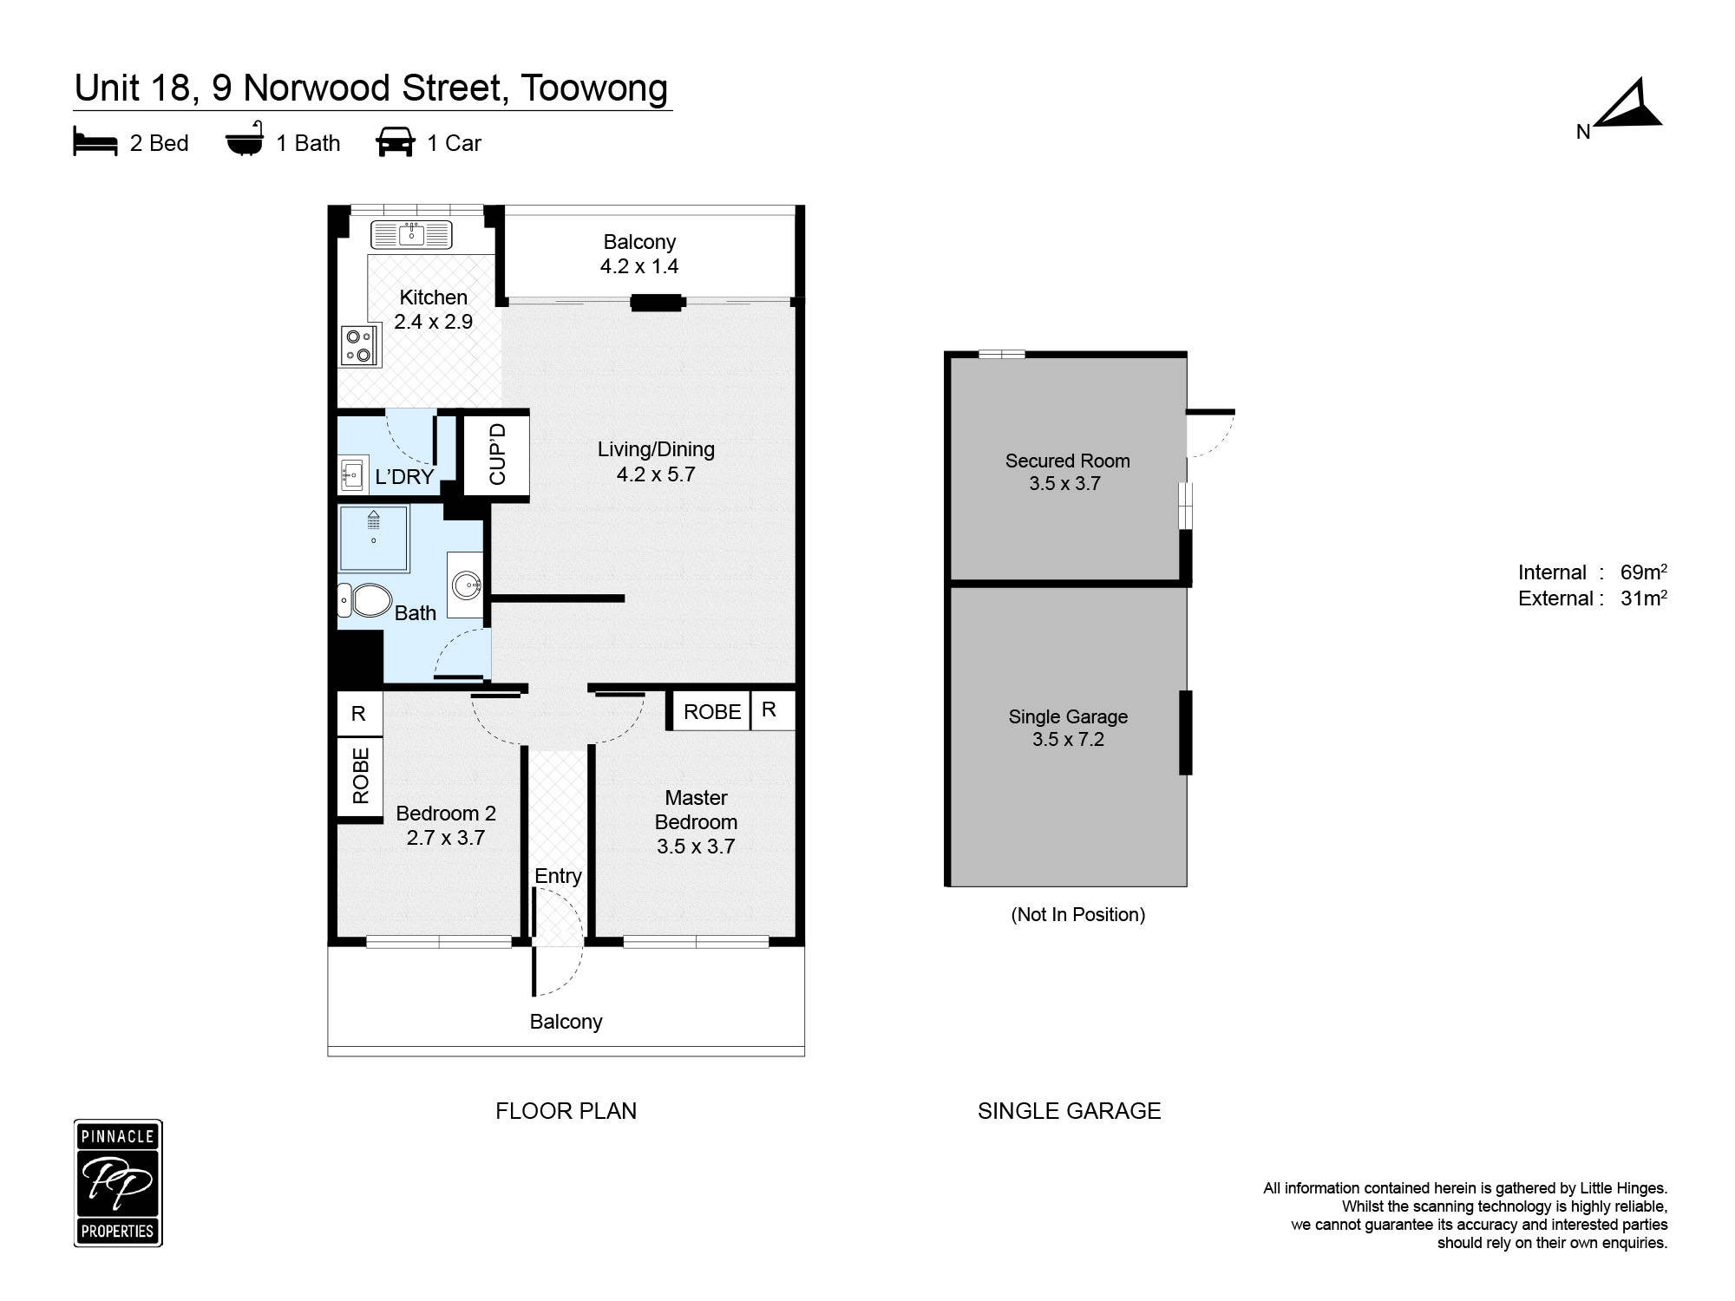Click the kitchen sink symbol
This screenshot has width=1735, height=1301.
click(x=411, y=234)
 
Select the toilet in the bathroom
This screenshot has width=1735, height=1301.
click(x=367, y=600)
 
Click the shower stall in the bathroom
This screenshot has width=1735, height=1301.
click(x=373, y=539)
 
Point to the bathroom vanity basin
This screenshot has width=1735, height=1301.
click(x=466, y=585)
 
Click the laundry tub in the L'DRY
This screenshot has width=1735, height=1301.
click(x=352, y=474)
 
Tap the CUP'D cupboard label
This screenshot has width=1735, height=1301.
click(x=497, y=454)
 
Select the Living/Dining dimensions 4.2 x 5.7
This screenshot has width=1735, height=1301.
click(x=656, y=474)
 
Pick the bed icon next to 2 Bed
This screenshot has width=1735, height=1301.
click(x=95, y=143)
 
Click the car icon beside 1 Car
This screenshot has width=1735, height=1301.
click(x=396, y=142)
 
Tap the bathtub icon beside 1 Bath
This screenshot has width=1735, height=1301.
click(x=245, y=141)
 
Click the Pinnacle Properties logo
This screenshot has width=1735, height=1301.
click(x=118, y=1183)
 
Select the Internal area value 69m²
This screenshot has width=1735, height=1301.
click(x=1643, y=572)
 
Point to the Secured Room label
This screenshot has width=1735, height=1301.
click(x=1067, y=461)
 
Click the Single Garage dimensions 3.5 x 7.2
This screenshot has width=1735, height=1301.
click(x=1068, y=740)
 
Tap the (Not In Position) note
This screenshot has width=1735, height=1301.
click(x=1077, y=914)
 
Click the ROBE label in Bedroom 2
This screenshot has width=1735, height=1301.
click(x=361, y=775)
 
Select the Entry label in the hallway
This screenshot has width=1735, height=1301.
click(x=558, y=876)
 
